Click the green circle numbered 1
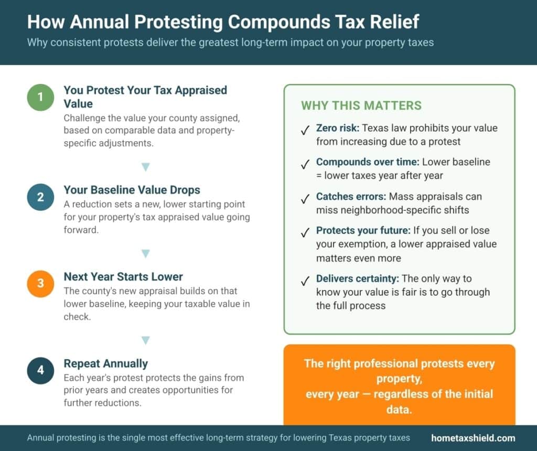tap(40, 97)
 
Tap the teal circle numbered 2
tap(40, 197)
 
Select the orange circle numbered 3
tap(40, 284)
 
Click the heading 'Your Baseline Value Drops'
tap(132, 190)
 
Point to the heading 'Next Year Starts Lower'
tap(123, 276)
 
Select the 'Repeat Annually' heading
tap(105, 363)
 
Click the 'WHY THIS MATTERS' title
tap(361, 105)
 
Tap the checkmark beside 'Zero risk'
tap(305, 131)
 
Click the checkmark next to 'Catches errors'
tap(305, 199)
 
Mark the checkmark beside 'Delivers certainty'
tap(305, 281)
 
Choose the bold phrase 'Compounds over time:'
tap(368, 162)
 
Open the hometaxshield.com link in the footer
tap(473, 438)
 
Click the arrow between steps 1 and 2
tap(146, 167)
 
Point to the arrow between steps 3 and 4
tap(146, 340)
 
